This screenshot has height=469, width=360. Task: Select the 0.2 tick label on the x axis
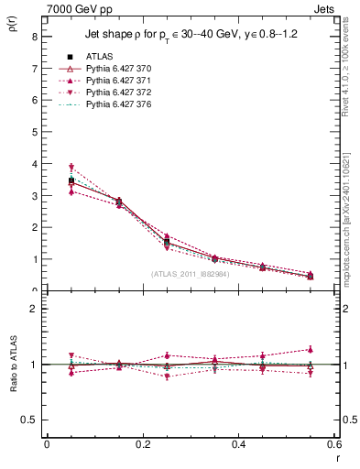point(142,443)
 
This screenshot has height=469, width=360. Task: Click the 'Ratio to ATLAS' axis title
point(13,365)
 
